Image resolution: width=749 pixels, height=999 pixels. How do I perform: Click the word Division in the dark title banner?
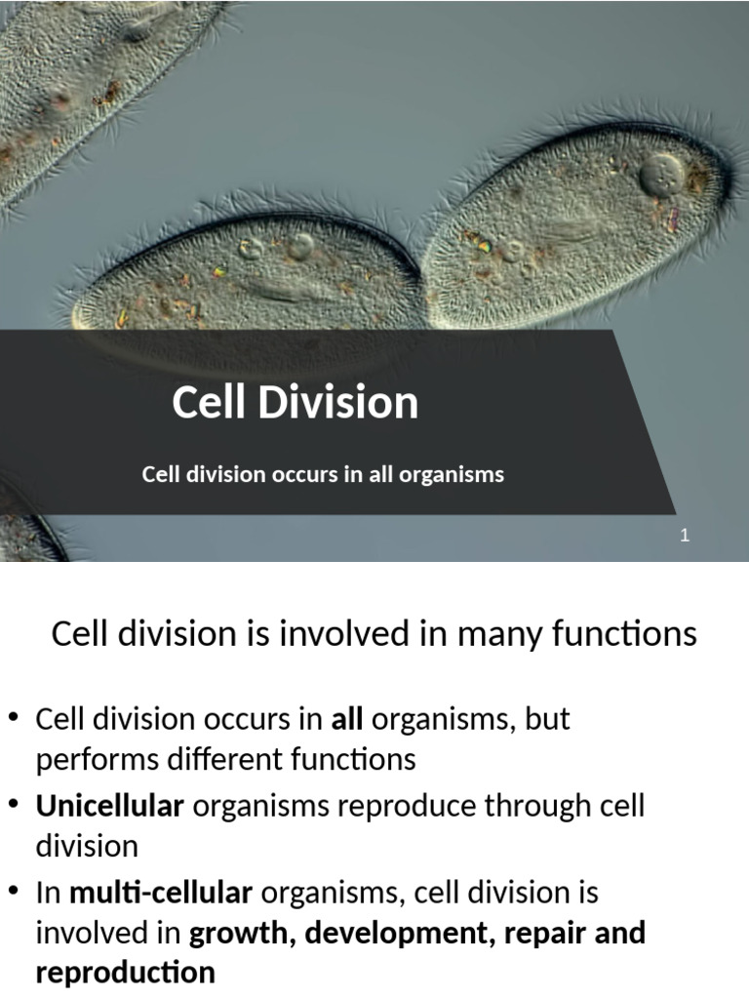(x=337, y=402)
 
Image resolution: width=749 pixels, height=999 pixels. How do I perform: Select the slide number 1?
(x=686, y=535)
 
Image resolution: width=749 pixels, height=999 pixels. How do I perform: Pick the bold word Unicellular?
(x=109, y=807)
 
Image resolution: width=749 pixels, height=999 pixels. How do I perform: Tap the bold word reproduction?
(x=125, y=972)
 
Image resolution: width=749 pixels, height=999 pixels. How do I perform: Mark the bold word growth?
(x=241, y=933)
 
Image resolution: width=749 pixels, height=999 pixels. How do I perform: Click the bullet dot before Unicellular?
(x=14, y=806)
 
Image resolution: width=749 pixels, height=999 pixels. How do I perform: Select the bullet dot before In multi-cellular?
(x=14, y=892)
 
